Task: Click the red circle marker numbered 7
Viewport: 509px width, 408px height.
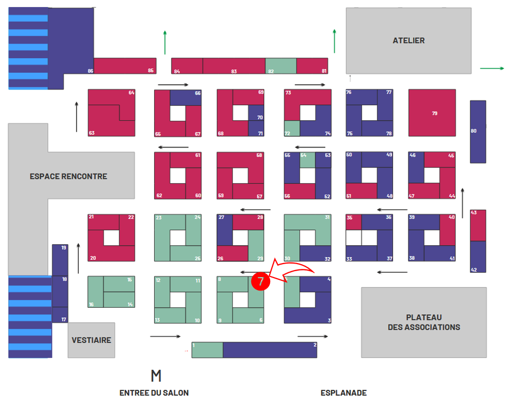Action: click(x=260, y=282)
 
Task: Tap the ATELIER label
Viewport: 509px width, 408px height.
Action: click(x=408, y=40)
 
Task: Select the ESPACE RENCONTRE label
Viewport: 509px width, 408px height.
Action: click(x=68, y=176)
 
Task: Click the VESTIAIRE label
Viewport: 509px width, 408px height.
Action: click(x=91, y=340)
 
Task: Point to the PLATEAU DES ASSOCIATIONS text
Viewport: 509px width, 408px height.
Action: click(x=424, y=322)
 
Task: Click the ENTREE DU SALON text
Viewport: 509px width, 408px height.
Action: click(x=154, y=393)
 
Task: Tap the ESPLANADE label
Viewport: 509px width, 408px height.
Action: click(x=343, y=393)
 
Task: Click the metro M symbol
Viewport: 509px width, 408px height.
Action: click(x=156, y=375)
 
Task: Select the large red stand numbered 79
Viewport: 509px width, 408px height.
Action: click(x=432, y=113)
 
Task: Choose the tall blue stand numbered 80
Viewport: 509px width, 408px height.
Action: click(x=478, y=132)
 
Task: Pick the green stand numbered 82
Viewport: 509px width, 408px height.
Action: click(x=280, y=66)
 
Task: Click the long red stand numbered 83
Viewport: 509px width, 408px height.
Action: click(x=234, y=66)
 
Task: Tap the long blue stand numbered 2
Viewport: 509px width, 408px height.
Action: click(x=270, y=350)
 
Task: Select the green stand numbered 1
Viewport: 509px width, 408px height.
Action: click(x=207, y=350)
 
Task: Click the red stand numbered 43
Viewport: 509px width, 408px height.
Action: click(x=478, y=225)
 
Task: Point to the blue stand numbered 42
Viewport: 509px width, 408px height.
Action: click(x=478, y=257)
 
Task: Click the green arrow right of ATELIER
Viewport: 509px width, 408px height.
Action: click(x=491, y=68)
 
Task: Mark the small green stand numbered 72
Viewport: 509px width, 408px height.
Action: click(x=292, y=128)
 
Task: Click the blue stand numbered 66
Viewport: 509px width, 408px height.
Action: click(x=185, y=98)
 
